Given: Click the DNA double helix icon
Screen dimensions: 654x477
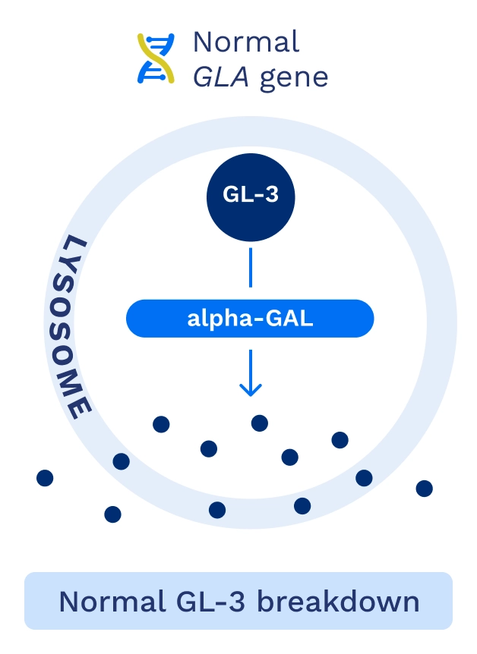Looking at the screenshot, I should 155,58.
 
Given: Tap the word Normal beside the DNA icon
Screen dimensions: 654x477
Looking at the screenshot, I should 245,41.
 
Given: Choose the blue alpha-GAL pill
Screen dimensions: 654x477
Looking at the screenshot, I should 250,319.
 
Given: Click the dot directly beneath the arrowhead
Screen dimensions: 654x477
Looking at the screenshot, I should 260,423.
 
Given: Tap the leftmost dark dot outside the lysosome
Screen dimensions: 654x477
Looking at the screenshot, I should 45,478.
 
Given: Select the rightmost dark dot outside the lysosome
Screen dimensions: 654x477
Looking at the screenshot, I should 425,489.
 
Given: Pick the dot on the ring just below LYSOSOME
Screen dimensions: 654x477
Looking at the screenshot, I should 121,461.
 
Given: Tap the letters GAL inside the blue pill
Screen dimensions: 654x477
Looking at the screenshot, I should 289,319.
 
